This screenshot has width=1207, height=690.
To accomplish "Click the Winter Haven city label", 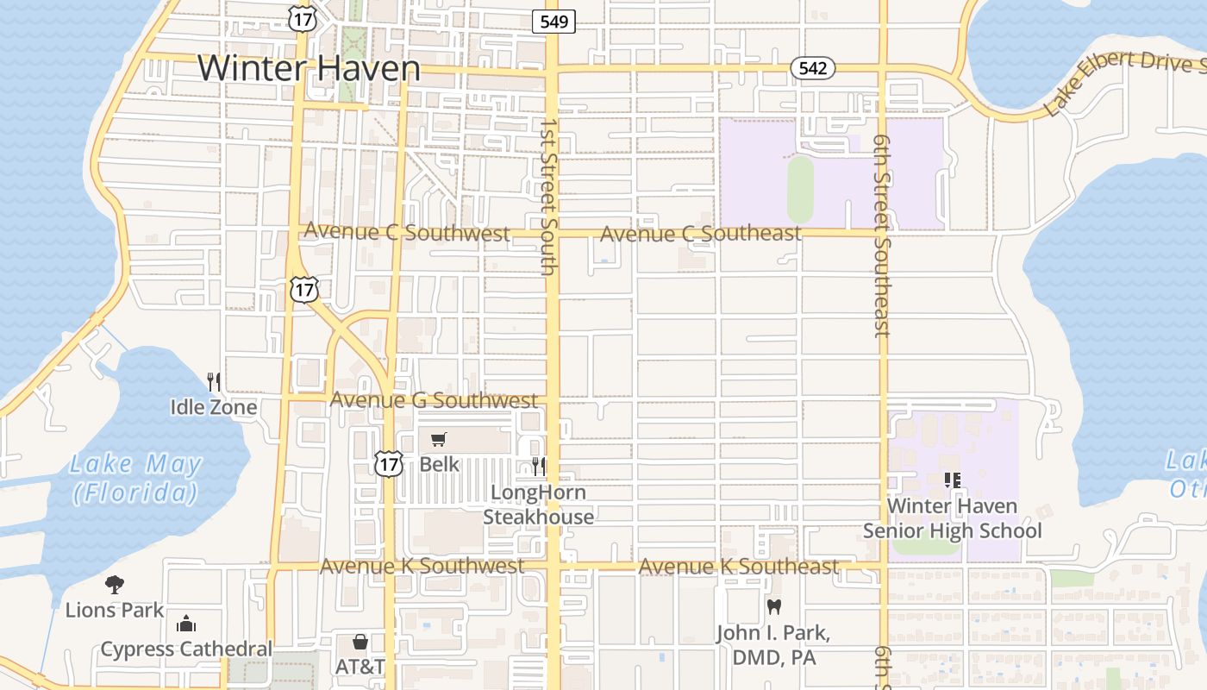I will point(309,68).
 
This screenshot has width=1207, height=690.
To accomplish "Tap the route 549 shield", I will point(553,22).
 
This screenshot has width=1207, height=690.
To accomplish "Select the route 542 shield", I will point(812,68).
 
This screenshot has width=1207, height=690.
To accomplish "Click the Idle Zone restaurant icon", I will point(214,381).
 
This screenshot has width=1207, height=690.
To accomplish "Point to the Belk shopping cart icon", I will point(439,440).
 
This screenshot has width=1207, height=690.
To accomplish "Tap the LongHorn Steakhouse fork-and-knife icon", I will point(539,467).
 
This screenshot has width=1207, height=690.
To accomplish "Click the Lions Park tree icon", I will point(114,585).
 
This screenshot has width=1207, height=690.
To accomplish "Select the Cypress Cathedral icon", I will point(186,624).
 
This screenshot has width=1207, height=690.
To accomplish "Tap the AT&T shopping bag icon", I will point(360,642).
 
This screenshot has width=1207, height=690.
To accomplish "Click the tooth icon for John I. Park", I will point(774,606).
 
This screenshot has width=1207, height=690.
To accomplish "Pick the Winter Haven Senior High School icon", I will point(952,480).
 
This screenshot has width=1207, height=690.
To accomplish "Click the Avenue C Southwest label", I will point(407,232).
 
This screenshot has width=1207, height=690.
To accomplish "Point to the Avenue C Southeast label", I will point(700,233).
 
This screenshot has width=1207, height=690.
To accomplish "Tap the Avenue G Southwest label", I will point(434,400).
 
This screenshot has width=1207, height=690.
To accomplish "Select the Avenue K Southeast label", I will point(738,566).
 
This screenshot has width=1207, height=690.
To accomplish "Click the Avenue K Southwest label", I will point(422,566).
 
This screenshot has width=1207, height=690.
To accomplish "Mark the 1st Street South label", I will point(548,197).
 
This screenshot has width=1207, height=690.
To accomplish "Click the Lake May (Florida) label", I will point(135,479).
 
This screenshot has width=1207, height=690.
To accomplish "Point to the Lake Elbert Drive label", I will point(1121,82).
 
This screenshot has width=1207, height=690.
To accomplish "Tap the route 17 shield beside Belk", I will point(389,464).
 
